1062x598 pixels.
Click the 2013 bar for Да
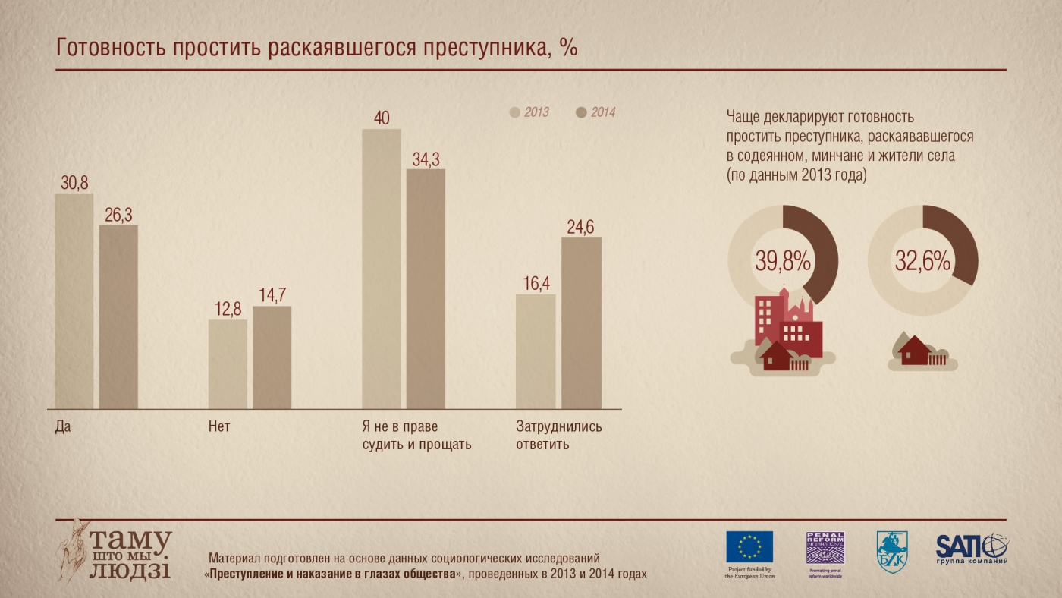point(74,301)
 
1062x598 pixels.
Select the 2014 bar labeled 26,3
point(118,317)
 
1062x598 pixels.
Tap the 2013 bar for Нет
point(228,364)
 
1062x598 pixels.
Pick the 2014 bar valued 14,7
point(272,357)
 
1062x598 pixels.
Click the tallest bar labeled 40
point(381,269)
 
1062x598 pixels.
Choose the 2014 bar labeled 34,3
point(426,289)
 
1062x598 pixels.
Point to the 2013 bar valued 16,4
point(536,351)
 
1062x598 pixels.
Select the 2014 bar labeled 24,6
point(581,323)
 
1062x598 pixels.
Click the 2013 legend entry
point(529,112)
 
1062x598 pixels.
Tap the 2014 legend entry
point(596,112)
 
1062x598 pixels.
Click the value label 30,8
point(74,183)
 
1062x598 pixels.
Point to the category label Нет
point(219,426)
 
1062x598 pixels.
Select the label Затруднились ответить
point(558,435)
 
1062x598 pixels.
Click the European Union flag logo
point(749,547)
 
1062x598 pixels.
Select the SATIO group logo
point(972,548)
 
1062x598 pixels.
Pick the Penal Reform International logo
point(825,548)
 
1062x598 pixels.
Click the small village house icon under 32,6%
point(915,352)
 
